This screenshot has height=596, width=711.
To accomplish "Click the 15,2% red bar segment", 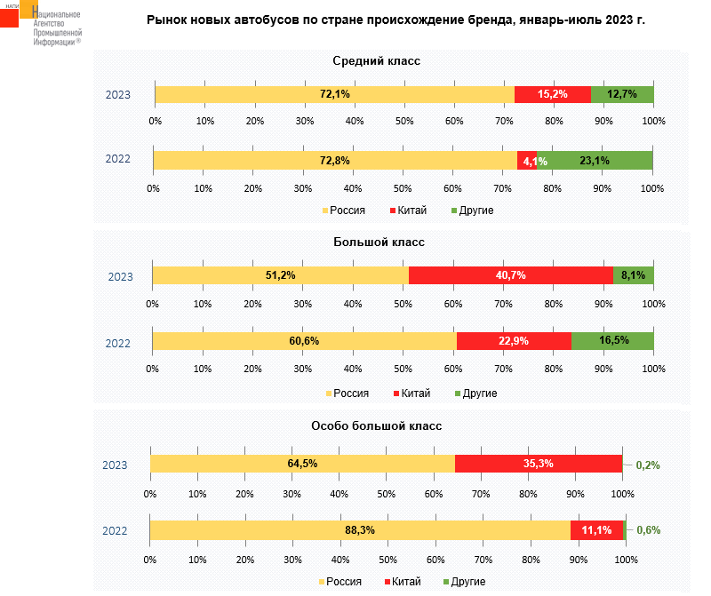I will point(553,94).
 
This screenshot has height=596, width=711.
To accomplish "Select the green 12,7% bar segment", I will point(622,94).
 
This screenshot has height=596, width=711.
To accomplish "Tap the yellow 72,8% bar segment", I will point(335,161).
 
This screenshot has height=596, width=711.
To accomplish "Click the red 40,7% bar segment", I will point(511,275).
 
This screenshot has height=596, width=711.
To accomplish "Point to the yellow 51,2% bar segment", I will point(280,275).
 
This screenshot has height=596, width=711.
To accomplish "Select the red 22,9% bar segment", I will point(514,341).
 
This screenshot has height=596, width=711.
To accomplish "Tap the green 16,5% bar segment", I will point(613,341).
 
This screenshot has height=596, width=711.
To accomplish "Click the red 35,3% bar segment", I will point(539,464).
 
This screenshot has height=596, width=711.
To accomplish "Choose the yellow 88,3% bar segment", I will point(359,530).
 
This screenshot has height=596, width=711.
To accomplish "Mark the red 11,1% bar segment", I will point(597,530).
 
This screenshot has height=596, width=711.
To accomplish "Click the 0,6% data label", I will point(648,530).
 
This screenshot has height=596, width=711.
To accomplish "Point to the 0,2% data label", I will point(648,465).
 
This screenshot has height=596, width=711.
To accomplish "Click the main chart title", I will point(395,19).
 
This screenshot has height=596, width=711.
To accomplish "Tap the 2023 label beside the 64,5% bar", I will point(115,465).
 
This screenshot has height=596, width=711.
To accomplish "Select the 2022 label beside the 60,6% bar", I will point(118,342).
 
